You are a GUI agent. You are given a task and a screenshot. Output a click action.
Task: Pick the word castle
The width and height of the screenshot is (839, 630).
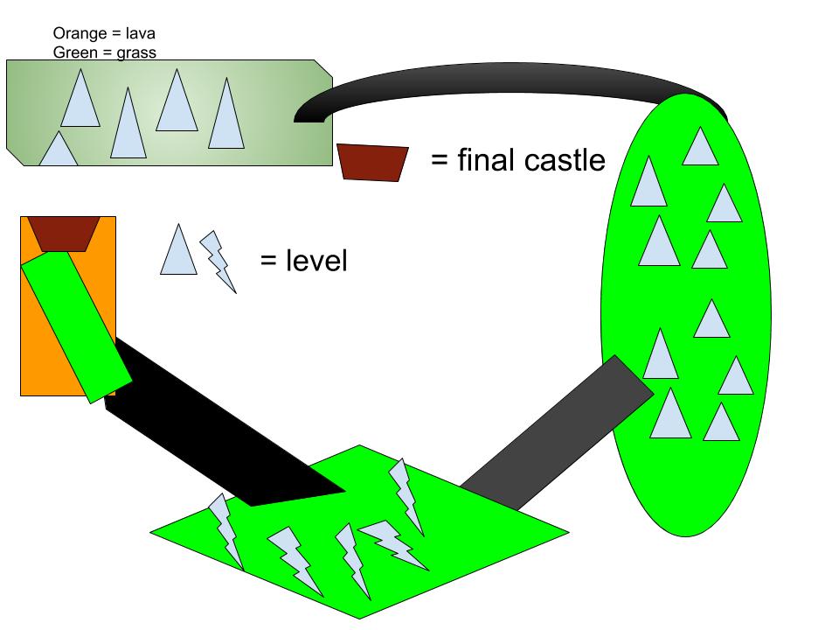click(566, 160)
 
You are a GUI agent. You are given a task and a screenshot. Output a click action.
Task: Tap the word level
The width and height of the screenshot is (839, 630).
click(315, 260)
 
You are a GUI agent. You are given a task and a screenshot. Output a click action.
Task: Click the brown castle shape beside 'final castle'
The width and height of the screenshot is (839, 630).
click(373, 162)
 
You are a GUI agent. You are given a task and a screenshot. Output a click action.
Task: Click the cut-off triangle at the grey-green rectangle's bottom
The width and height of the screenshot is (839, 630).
click(59, 152)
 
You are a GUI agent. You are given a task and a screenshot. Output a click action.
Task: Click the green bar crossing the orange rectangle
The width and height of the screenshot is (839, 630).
click(75, 324)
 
